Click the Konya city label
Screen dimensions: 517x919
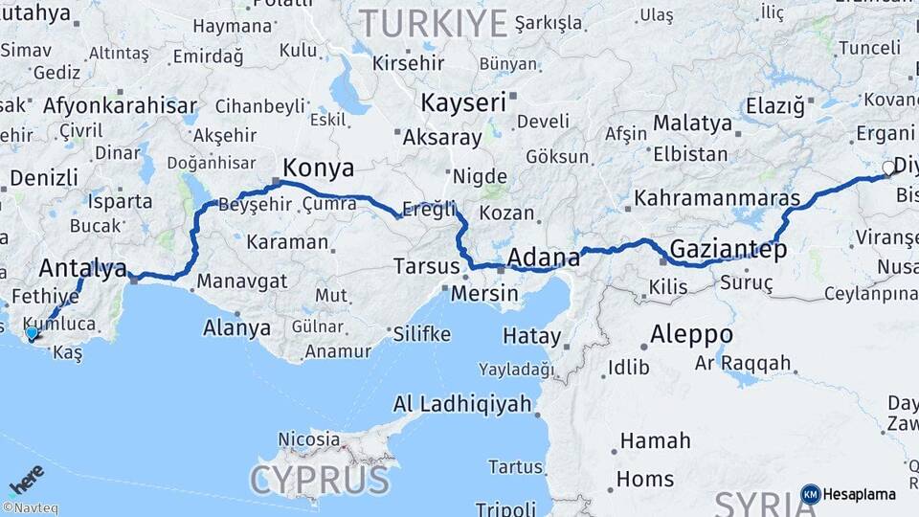tap(319, 169)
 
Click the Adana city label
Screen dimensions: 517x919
tap(543, 257)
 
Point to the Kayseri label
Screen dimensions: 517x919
tap(464, 102)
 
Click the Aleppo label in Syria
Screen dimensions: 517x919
tap(691, 334)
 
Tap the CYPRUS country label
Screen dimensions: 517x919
tap(320, 479)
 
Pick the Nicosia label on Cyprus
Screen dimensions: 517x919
tap(308, 439)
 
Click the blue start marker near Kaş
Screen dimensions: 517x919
tap(32, 334)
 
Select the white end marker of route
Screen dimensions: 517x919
tap(888, 169)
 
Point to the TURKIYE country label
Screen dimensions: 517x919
tap(432, 22)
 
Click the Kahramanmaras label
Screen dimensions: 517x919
tap(717, 198)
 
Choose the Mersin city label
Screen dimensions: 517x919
tap(484, 294)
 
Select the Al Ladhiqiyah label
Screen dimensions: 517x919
tap(462, 404)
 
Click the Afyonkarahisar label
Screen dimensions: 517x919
tap(120, 106)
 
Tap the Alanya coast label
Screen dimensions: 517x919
tap(236, 327)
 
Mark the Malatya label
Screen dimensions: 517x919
tap(692, 123)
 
